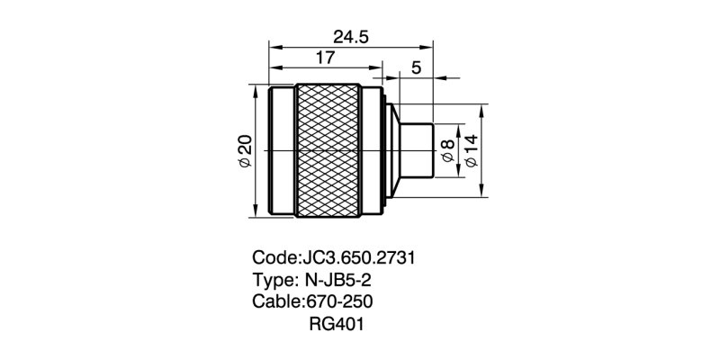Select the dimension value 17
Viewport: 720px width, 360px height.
(325, 58)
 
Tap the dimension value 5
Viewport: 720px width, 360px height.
(416, 68)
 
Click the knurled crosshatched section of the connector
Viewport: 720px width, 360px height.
(328, 150)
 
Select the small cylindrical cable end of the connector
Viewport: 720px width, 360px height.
(417, 150)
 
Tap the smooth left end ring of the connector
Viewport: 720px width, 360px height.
(282, 150)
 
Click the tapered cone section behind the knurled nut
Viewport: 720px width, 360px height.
(393, 150)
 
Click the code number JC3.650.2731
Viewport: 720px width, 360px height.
(355, 257)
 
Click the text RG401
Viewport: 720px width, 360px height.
(336, 323)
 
